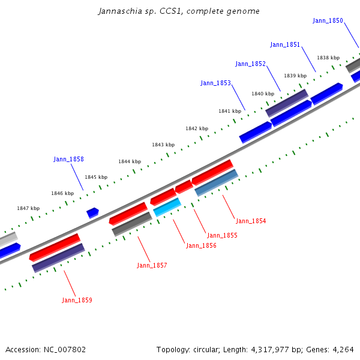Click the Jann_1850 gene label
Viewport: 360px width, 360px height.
pos(328,21)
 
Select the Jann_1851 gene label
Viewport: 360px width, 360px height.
pos(285,44)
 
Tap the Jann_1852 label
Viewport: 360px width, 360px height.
pos(250,64)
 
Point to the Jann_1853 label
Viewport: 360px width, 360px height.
pos(215,83)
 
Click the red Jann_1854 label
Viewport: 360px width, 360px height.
pos(251,221)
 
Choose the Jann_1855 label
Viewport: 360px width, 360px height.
pos(222,235)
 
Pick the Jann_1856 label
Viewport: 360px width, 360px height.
pos(201,245)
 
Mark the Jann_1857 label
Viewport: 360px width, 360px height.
pos(152,265)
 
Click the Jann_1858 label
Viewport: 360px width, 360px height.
pos(68,160)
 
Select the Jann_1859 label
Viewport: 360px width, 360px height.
pos(77,300)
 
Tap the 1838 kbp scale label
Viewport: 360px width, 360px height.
pos(328,58)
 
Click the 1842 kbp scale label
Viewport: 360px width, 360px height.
pos(197,129)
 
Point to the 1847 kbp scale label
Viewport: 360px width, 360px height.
pos(28,208)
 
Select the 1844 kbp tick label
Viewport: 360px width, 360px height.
pos(129,161)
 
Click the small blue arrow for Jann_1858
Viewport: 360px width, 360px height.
pos(92,212)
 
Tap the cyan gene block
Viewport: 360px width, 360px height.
pos(167,207)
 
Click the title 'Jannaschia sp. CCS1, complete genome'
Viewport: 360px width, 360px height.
pos(179,11)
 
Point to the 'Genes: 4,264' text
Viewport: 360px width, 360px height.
pos(334,349)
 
